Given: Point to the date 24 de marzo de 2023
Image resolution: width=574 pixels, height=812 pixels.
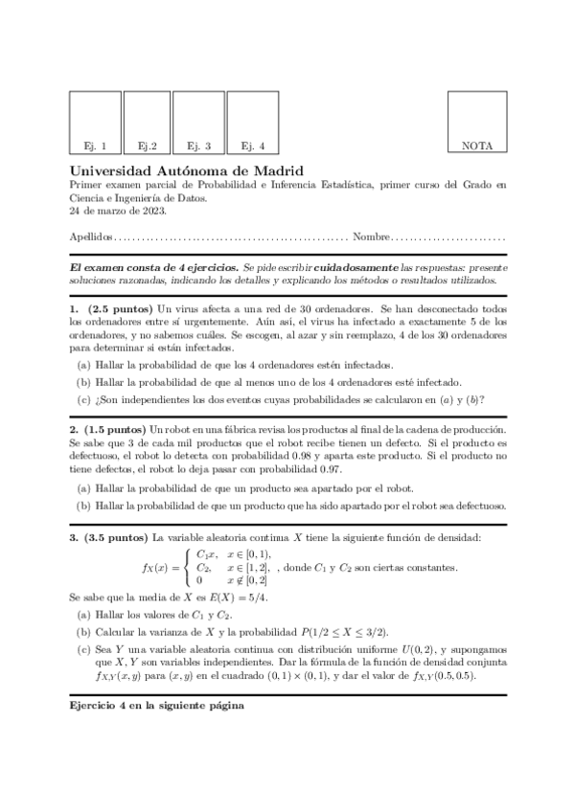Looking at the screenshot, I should (x=118, y=211).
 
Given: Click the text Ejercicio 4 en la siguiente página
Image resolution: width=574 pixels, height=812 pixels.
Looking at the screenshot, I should (x=156, y=706).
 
